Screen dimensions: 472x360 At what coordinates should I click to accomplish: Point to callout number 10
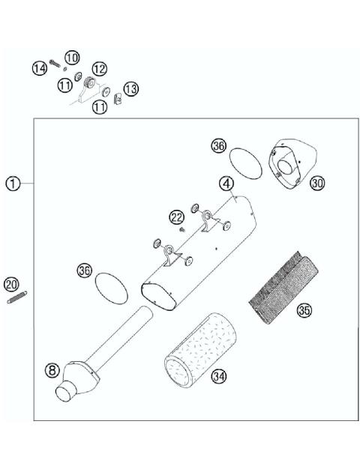click(71, 58)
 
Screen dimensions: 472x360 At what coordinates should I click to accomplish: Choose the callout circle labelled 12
click(98, 69)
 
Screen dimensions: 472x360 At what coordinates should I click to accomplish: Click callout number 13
click(130, 89)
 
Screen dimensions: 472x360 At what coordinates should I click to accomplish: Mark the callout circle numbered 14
click(39, 69)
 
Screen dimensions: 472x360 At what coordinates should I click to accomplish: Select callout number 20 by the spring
click(10, 285)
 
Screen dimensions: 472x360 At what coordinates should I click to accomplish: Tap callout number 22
click(176, 217)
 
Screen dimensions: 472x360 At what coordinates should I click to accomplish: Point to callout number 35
click(304, 309)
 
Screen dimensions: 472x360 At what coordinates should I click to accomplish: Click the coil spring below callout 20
click(13, 299)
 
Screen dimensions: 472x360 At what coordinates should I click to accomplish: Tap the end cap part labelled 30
click(288, 163)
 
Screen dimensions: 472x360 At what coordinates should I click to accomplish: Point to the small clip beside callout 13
click(117, 97)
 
